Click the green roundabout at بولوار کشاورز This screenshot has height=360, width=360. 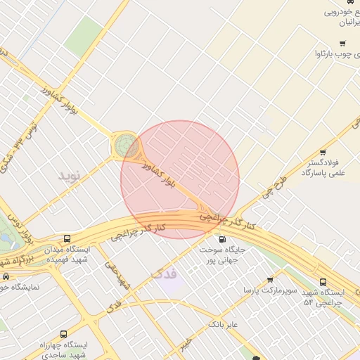tap(127, 146)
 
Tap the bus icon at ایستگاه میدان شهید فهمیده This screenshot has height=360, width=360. tap(67, 238)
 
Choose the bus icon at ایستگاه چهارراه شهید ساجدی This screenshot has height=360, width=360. tap(64, 334)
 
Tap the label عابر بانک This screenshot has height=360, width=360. tap(224, 324)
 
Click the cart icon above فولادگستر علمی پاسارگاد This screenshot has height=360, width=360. tap(323, 152)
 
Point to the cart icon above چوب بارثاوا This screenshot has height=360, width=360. tap(342, 43)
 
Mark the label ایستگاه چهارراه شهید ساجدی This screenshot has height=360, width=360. tap(63, 350)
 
